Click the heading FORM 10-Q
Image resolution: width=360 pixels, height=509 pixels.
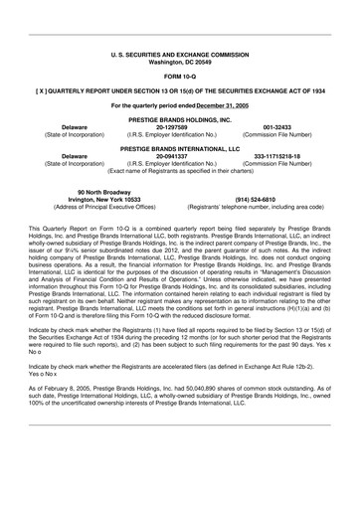coord(180,75)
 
